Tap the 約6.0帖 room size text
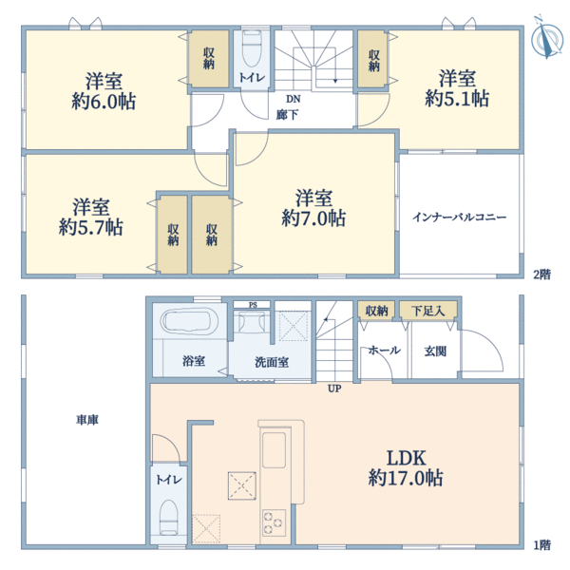coord(103,100)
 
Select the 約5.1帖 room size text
coord(457,98)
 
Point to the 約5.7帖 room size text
coord(90,227)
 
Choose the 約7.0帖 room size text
coord(313,218)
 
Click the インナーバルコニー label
coord(460,217)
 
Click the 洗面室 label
coord(273,362)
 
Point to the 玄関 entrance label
coord(424,350)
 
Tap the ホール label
coord(383,350)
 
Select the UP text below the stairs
coord(334,389)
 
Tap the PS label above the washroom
coord(253,305)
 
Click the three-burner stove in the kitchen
coord(274,521)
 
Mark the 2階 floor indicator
coord(541,275)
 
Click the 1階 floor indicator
coord(541,545)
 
